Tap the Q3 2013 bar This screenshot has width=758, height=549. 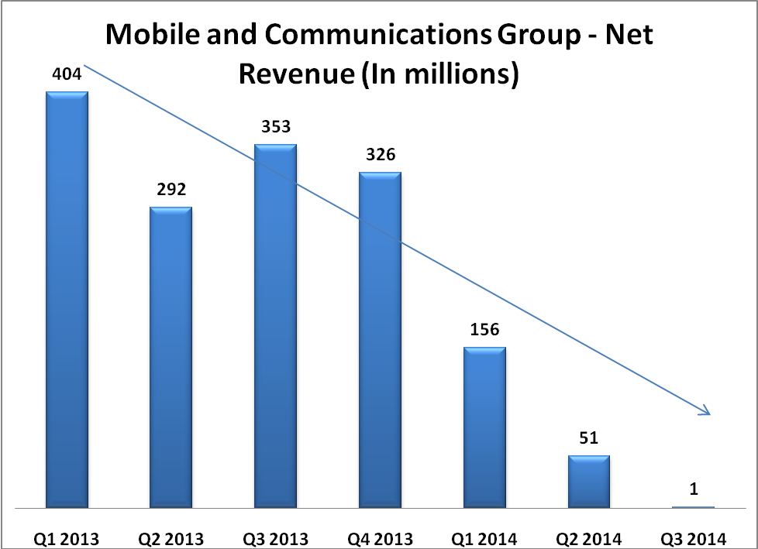(x=276, y=326)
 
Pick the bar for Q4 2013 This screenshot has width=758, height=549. (x=380, y=340)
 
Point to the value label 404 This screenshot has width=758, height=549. (x=67, y=74)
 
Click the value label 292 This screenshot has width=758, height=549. (x=171, y=190)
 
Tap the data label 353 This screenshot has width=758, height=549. (x=276, y=127)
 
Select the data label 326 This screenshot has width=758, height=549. (x=380, y=155)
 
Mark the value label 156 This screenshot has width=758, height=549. (x=484, y=330)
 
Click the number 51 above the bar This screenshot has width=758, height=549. (x=588, y=439)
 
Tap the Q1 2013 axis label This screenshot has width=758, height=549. (x=67, y=537)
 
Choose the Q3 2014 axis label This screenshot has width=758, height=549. (x=694, y=537)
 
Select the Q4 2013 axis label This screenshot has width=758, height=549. (x=380, y=537)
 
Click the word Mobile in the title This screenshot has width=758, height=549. (x=149, y=36)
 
